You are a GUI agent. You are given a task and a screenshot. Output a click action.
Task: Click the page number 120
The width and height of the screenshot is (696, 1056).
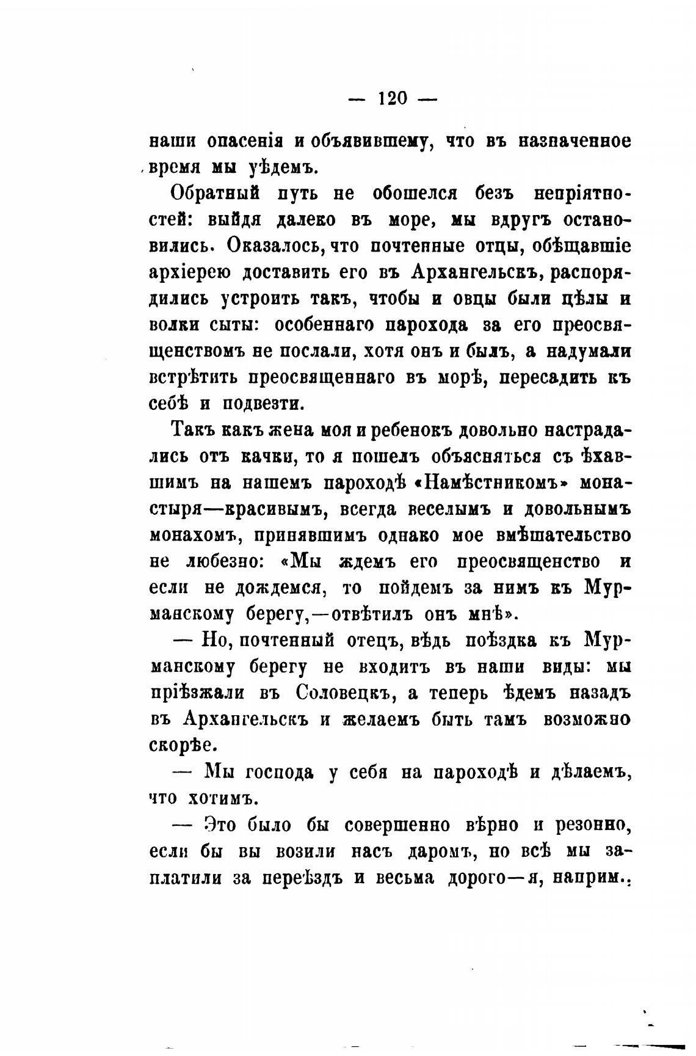click(x=393, y=98)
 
